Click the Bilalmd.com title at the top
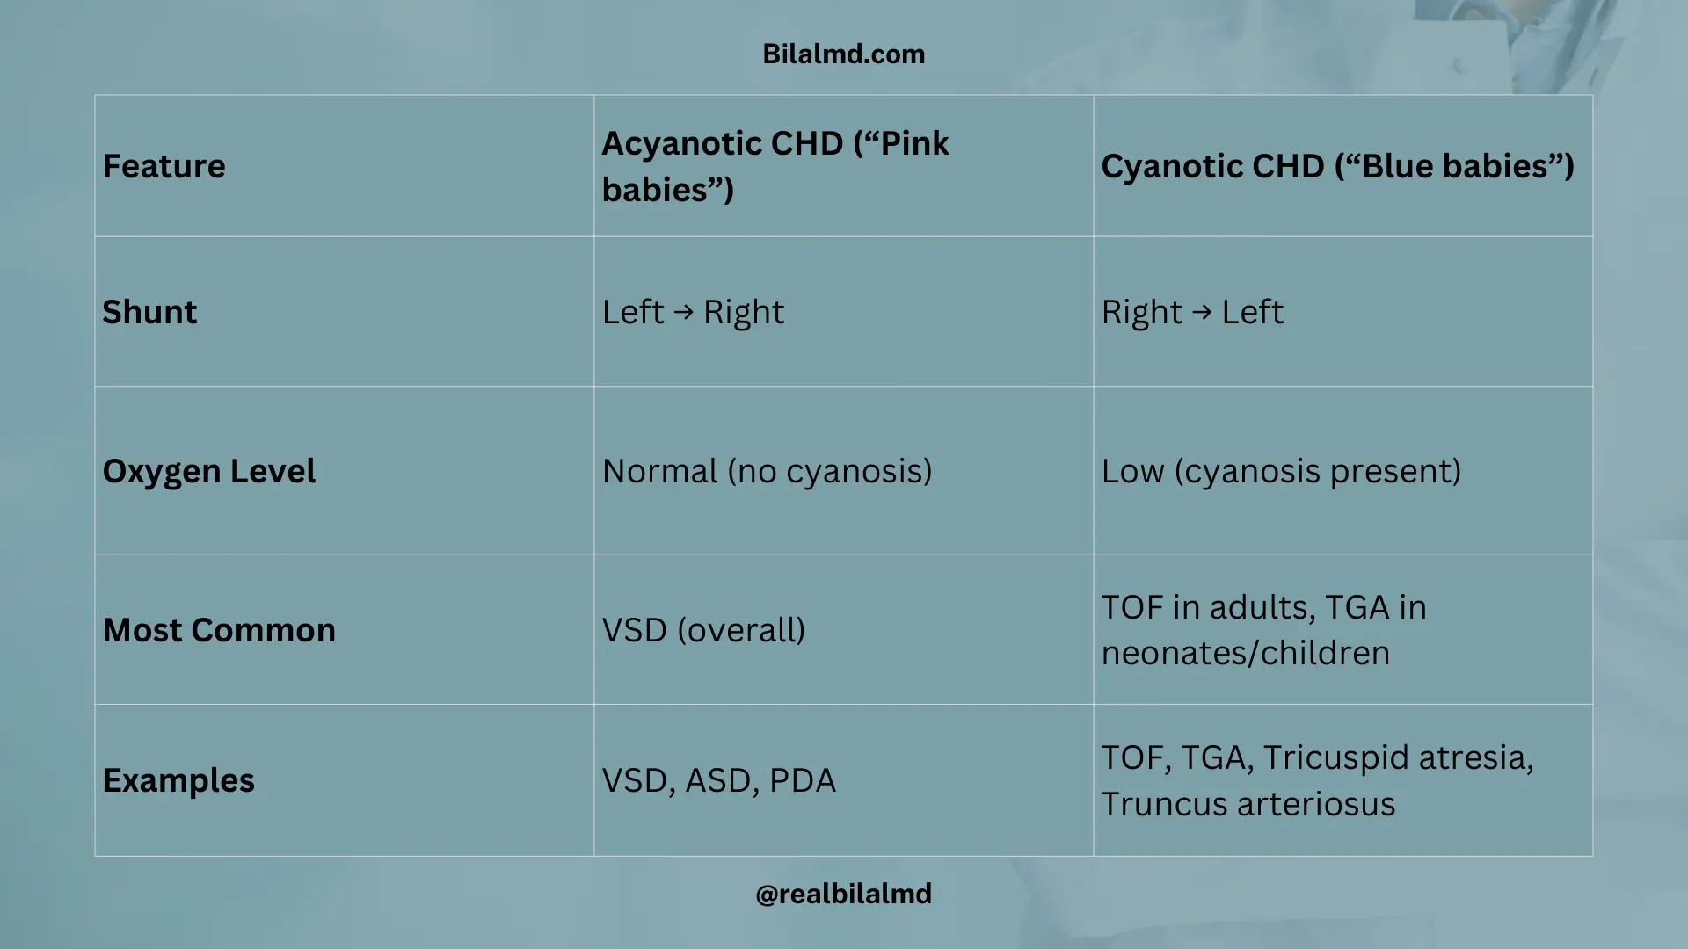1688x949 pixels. pyautogui.click(x=843, y=54)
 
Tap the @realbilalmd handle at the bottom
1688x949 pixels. pyautogui.click(x=843, y=894)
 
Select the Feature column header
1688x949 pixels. pyautogui.click(x=164, y=166)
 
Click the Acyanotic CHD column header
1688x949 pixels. pyautogui.click(x=775, y=166)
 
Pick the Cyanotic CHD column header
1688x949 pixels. pyautogui.click(x=1336, y=166)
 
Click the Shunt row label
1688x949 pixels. pyautogui.click(x=149, y=312)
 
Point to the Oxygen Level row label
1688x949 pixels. pyautogui.click(x=208, y=471)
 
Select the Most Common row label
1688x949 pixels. pyautogui.click(x=219, y=630)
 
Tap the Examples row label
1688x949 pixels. pyautogui.click(x=178, y=780)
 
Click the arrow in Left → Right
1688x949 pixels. pyautogui.click(x=683, y=312)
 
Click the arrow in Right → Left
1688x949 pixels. pyautogui.click(x=1202, y=312)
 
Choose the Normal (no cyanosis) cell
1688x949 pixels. pyautogui.click(x=767, y=471)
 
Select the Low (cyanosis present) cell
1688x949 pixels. pyautogui.click(x=1281, y=471)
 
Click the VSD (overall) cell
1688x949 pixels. pyautogui.click(x=703, y=630)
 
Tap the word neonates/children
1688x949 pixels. pyautogui.click(x=1245, y=653)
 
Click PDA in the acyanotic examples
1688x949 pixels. pyautogui.click(x=802, y=780)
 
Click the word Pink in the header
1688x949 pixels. pyautogui.click(x=914, y=143)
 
